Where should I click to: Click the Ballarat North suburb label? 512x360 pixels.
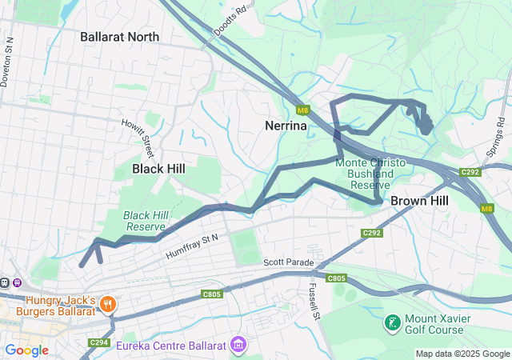pyautogui.click(x=119, y=37)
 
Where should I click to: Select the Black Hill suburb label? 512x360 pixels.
pyautogui.click(x=158, y=169)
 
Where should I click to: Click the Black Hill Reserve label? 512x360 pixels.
pyautogui.click(x=144, y=221)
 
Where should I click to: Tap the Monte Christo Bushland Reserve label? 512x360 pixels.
pyautogui.click(x=370, y=174)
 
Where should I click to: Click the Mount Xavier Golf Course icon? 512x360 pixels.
pyautogui.click(x=392, y=323)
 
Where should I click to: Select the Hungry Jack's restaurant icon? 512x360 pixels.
pyautogui.click(x=106, y=304)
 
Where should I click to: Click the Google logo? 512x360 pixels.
pyautogui.click(x=26, y=350)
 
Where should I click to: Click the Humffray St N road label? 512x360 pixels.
pyautogui.click(x=192, y=246)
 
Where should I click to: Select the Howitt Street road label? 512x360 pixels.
pyautogui.click(x=138, y=138)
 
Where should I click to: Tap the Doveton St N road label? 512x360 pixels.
pyautogui.click(x=9, y=60)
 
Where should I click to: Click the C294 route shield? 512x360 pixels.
pyautogui.click(x=99, y=343)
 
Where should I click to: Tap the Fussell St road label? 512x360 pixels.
pyautogui.click(x=314, y=302)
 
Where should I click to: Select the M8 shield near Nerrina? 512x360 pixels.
pyautogui.click(x=302, y=110)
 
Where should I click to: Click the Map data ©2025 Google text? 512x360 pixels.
pyautogui.click(x=462, y=354)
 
